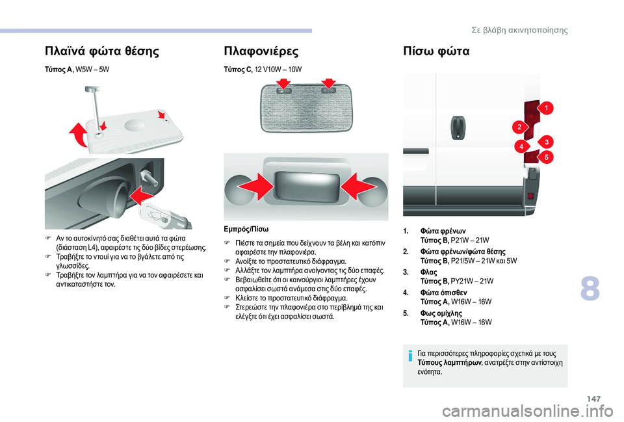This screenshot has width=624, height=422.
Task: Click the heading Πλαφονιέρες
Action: [261, 50]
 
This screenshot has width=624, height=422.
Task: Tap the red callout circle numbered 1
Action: [547, 107]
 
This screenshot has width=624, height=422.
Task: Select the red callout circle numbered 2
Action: [520, 126]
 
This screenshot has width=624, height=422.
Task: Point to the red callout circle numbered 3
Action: [547, 142]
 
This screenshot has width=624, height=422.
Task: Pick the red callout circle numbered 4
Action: [521, 147]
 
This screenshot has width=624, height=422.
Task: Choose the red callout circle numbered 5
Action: [547, 157]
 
